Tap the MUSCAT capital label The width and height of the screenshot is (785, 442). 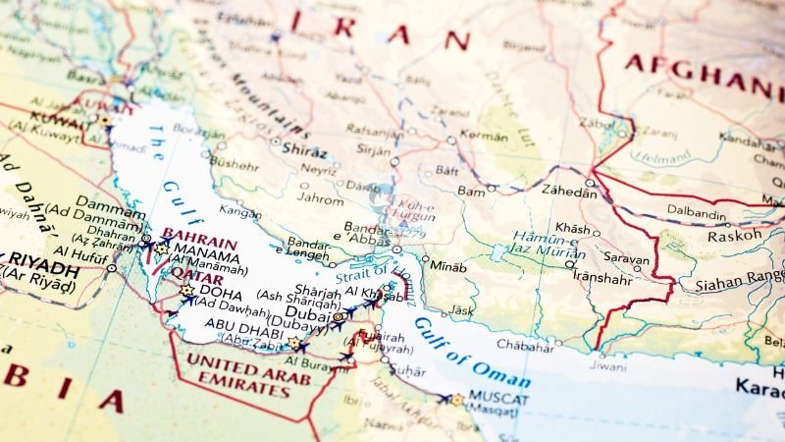point(498,399)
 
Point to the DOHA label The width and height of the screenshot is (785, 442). point(220,291)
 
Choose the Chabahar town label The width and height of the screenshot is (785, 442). point(524,344)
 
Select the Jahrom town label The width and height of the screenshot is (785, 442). point(320,197)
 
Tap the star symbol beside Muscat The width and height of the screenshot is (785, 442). point(456,400)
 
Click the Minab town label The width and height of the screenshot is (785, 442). point(449,265)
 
